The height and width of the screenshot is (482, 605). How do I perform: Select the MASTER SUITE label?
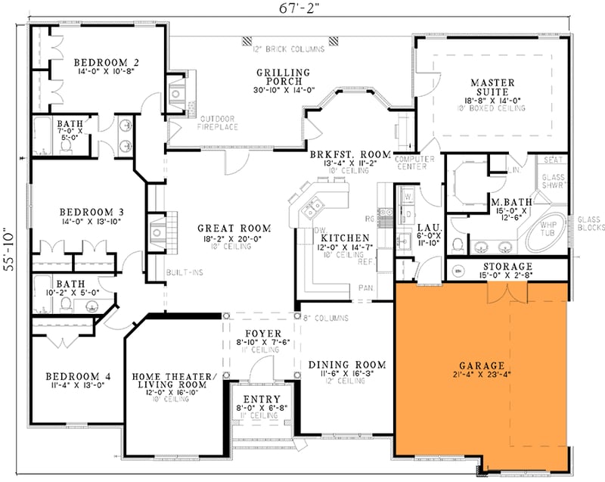[x=492, y=87]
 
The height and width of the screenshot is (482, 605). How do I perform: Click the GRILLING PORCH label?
[x=279, y=76]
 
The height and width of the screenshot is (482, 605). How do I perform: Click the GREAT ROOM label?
[x=224, y=227]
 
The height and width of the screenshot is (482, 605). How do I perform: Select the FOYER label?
[x=262, y=333]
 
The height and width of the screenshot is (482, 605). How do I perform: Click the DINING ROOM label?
[x=347, y=365]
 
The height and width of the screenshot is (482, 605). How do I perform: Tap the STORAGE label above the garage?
[x=506, y=266]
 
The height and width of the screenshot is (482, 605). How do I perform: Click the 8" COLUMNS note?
[x=327, y=318]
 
